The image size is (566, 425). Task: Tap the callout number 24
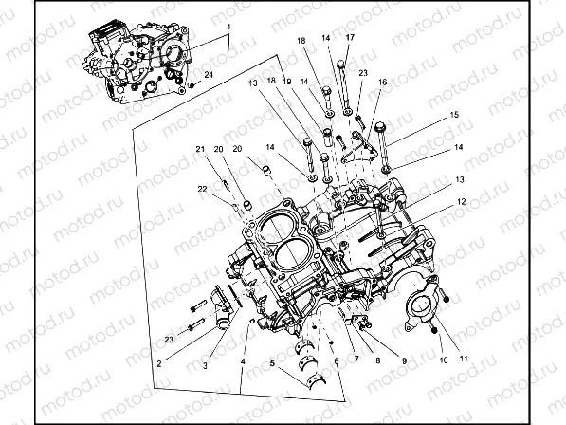click(x=209, y=75)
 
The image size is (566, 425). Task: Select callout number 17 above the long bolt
click(x=350, y=38)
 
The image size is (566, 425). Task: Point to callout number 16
click(x=383, y=83)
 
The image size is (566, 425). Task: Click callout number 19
click(x=286, y=83)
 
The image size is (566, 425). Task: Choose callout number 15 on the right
click(x=454, y=115)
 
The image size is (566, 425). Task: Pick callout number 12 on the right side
click(x=462, y=202)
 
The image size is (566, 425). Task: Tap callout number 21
click(x=200, y=149)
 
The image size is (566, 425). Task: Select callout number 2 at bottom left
click(x=159, y=362)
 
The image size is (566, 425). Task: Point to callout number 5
click(x=271, y=363)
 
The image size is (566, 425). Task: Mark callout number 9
click(x=404, y=361)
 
